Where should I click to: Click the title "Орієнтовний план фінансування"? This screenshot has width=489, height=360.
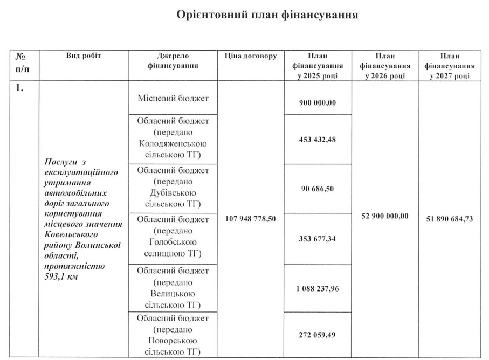267,15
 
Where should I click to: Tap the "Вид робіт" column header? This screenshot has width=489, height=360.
84,56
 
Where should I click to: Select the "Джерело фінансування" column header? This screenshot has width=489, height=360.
173,61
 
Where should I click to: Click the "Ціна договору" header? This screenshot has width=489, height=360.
251,56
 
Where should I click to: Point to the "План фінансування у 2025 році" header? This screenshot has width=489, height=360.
318,66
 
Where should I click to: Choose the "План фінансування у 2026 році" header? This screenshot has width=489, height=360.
385,66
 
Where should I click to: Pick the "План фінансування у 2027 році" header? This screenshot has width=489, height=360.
450,66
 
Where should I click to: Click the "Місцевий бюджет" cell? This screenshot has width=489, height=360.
173,98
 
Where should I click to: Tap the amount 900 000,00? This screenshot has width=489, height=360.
318,103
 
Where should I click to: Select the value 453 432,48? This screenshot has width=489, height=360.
318,139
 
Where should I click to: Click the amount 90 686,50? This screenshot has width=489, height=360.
318,189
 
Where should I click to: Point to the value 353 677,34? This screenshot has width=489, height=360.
318,239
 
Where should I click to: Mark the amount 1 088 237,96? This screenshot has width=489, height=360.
318,288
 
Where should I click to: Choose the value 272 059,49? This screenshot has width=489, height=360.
318,335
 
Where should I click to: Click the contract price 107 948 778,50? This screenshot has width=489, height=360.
251,219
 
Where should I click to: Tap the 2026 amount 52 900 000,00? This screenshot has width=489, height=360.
385,216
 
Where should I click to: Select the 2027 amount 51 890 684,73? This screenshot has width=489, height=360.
450,219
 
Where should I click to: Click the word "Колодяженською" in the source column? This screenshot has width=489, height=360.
173,144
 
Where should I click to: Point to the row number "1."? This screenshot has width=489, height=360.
19,88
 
